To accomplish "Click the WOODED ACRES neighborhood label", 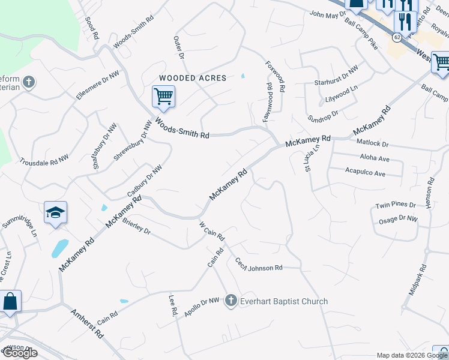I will tap(192, 78).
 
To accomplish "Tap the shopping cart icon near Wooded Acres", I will tap(163, 96).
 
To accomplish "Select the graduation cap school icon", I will tap(55, 212).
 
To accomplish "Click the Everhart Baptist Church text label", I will tap(285, 301).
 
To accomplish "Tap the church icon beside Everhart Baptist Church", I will tap(232, 301).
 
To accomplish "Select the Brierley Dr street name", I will tap(136, 225).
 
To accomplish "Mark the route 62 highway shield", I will tap(397, 37).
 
